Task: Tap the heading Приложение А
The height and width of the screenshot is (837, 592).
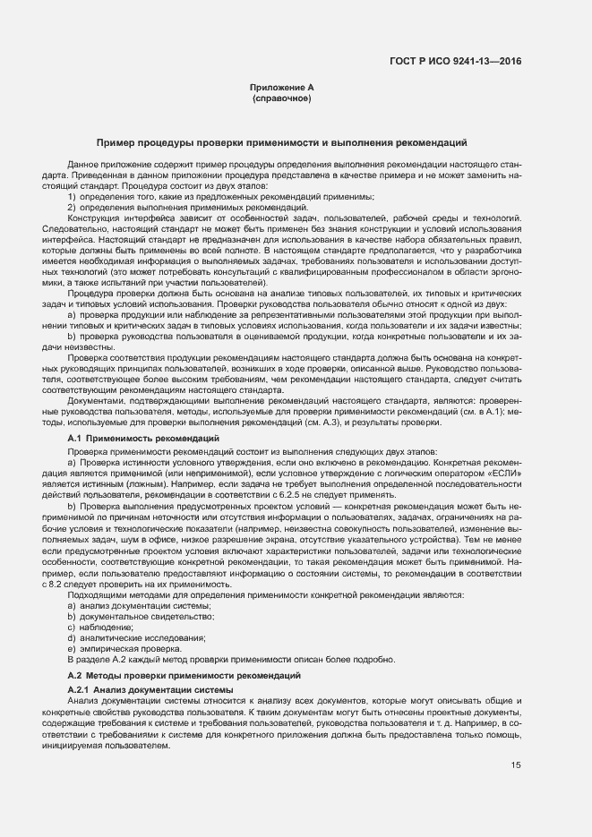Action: click(282, 88)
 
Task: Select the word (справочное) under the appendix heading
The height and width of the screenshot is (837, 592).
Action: click(282, 98)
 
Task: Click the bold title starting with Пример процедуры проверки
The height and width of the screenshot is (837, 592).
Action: click(281, 143)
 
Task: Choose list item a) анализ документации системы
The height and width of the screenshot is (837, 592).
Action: click(139, 606)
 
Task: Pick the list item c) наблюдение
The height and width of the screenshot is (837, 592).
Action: click(107, 628)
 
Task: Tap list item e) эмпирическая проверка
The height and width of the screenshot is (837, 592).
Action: click(125, 648)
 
